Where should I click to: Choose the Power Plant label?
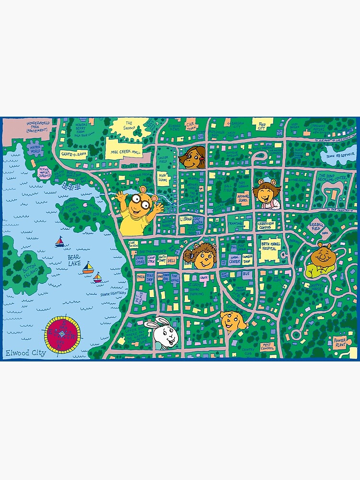click(339, 342)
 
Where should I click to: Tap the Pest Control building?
click(268, 346)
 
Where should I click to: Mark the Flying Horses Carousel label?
click(44, 172)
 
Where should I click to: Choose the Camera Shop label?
click(247, 259)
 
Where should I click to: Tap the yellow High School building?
click(163, 180)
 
